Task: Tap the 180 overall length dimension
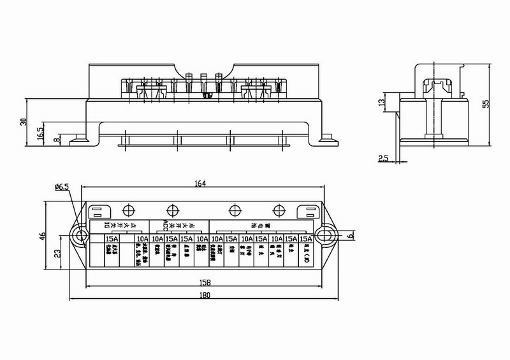point(205,295)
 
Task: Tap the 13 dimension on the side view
point(382,103)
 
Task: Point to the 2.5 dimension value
point(382,158)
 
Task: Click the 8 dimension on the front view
point(57,138)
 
